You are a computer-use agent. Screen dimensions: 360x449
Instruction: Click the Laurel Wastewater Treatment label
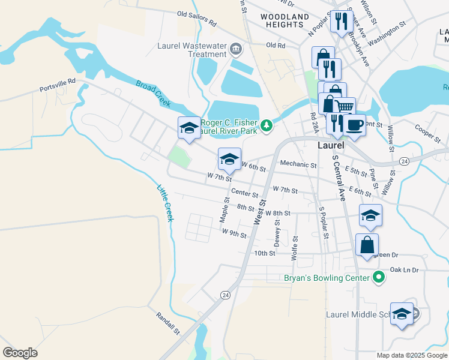pyautogui.click(x=191, y=49)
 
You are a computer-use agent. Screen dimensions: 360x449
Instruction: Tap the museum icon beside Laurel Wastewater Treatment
pyautogui.click(x=235, y=48)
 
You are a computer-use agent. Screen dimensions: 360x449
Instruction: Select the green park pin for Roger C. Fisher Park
pyautogui.click(x=268, y=125)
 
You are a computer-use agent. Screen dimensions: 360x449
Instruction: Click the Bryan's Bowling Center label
pyautogui.click(x=327, y=278)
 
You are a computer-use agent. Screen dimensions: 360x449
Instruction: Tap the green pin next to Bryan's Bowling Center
pyautogui.click(x=378, y=277)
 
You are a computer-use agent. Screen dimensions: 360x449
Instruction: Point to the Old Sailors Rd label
pyautogui.click(x=196, y=18)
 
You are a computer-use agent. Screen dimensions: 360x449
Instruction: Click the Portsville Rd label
pyautogui.click(x=58, y=85)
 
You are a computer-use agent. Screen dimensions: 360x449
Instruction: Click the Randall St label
pyautogui.click(x=168, y=323)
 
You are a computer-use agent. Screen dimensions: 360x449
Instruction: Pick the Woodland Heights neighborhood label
pyautogui.click(x=285, y=20)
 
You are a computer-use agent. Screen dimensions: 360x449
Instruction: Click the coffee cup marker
pyautogui.click(x=355, y=124)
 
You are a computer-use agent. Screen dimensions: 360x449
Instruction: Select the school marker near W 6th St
pyautogui.click(x=229, y=159)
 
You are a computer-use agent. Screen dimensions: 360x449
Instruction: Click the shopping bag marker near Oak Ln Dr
pyautogui.click(x=367, y=245)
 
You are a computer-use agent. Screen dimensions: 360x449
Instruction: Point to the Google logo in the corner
pyautogui.click(x=20, y=353)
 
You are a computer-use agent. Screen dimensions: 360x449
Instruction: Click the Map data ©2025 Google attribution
pyautogui.click(x=411, y=355)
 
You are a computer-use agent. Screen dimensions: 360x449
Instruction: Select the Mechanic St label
pyautogui.click(x=298, y=164)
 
